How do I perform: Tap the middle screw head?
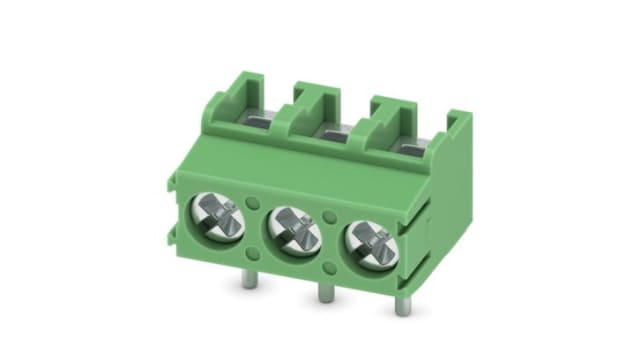coord(290,227)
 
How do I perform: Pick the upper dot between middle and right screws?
coord(329,215)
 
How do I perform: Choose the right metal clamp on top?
coord(411,141)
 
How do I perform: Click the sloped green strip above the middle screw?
coord(300,160)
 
